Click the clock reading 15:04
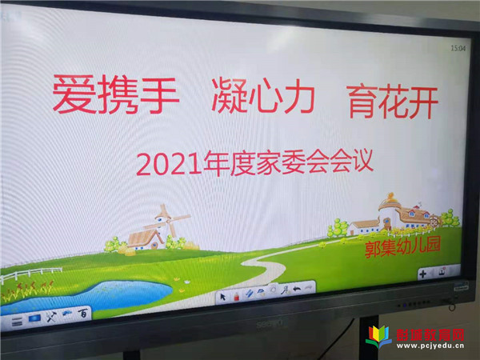pos(458,48)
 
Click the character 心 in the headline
pos(264,96)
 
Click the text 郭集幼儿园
pos(402,247)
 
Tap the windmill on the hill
pos(168,221)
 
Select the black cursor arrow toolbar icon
pos(223,297)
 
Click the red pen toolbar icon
pos(236,296)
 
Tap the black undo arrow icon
pos(297,289)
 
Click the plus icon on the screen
pos(422,274)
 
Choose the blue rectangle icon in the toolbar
pos(34,318)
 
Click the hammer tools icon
pos(51,317)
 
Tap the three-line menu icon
pos(17,322)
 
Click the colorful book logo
pos(378,337)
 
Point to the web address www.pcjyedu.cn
pos(430,346)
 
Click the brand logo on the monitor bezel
pos(272,322)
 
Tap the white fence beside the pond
pos(30,274)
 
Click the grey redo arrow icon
pos(309,287)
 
